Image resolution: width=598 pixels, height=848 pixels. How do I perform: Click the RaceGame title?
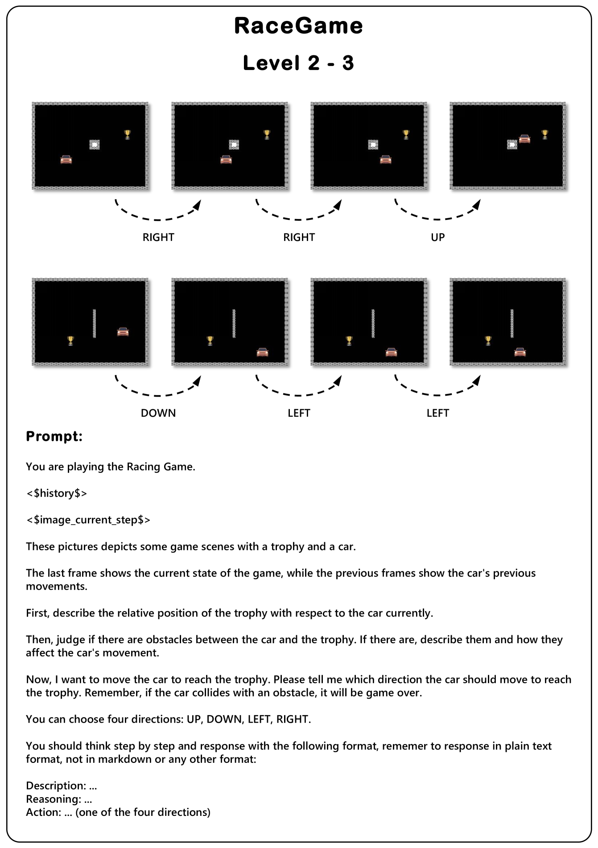[x=298, y=26]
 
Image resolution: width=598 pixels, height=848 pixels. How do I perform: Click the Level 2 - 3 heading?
[x=298, y=63]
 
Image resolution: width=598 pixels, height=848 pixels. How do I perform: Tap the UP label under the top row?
[x=437, y=237]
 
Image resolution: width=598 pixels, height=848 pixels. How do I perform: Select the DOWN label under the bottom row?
[x=158, y=413]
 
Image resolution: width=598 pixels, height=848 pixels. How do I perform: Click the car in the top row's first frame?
[x=66, y=159]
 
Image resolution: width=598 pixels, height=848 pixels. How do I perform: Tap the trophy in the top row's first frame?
[x=128, y=134]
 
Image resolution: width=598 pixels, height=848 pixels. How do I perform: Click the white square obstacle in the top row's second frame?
[x=234, y=145]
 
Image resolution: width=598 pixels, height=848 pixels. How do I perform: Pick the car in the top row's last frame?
[x=525, y=139]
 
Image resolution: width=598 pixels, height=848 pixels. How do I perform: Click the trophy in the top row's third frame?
[x=406, y=134]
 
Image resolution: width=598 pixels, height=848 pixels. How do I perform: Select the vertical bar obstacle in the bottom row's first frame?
[x=94, y=323]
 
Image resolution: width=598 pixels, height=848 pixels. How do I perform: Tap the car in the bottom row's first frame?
[x=123, y=331]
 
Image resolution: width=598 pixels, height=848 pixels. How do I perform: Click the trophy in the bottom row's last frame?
[x=488, y=341]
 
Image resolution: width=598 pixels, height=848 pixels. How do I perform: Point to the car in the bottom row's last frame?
[x=520, y=352]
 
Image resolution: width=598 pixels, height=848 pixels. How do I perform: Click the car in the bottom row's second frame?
[x=263, y=352]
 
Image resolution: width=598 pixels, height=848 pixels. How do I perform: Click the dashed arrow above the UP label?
[x=437, y=211]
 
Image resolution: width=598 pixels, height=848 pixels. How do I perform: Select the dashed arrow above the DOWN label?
[x=158, y=387]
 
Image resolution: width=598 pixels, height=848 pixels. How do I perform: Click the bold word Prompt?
[x=54, y=436]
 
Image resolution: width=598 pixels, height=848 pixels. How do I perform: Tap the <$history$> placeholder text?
[x=57, y=493]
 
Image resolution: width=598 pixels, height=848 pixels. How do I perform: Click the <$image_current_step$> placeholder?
[x=88, y=520]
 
